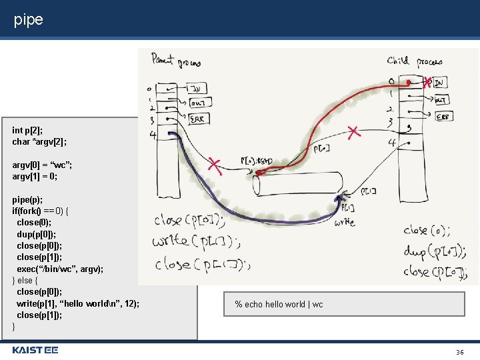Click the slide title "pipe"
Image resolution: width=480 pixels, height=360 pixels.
tap(29, 20)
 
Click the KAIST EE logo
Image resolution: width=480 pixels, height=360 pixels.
tap(35, 350)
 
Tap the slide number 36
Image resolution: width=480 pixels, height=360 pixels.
tap(459, 351)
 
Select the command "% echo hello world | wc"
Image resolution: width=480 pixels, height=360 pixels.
tap(279, 305)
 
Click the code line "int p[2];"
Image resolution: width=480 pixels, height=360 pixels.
tap(27, 130)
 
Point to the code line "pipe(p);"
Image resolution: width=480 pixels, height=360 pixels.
tap(27, 199)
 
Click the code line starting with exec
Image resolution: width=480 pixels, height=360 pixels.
tap(60, 269)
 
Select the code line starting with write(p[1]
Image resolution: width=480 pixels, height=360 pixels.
tap(78, 303)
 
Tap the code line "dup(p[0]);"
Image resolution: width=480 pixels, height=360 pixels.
tap(37, 234)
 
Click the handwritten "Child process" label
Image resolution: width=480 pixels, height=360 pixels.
tap(414, 62)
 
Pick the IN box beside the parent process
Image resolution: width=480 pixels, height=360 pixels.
tap(197, 89)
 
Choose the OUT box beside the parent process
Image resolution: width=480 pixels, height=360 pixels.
tap(198, 103)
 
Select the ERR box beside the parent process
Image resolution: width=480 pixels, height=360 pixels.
tap(198, 119)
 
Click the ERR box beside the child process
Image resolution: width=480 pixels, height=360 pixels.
tap(441, 115)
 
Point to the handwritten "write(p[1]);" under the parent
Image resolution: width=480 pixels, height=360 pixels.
tap(197, 241)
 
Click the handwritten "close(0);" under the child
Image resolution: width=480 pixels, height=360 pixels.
tap(427, 231)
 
